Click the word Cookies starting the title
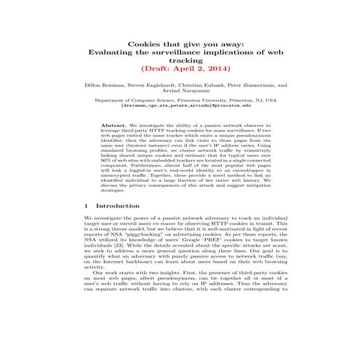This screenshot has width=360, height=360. [x=142, y=44]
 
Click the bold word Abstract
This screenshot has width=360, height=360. [x=113, y=125]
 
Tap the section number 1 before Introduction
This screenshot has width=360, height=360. [x=87, y=207]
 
